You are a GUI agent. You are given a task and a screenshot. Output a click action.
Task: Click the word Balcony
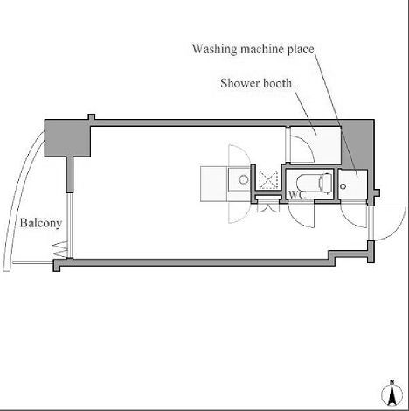41,223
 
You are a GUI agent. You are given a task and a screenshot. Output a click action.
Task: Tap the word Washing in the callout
215,49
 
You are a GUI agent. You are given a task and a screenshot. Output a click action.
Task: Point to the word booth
277,83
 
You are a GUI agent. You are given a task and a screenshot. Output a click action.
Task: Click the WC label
295,195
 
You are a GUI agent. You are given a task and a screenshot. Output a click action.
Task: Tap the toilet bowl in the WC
308,184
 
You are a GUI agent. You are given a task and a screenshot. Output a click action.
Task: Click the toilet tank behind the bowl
326,183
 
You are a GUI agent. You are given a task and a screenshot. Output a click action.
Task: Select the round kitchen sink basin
244,179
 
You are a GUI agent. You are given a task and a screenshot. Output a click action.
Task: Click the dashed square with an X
268,179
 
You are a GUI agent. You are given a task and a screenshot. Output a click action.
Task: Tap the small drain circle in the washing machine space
343,186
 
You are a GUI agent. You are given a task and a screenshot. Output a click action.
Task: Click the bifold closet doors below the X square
268,208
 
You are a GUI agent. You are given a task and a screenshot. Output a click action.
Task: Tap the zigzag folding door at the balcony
60,249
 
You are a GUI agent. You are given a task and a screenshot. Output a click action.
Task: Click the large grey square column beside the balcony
67,138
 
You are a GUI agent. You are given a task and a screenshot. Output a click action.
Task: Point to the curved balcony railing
20,199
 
